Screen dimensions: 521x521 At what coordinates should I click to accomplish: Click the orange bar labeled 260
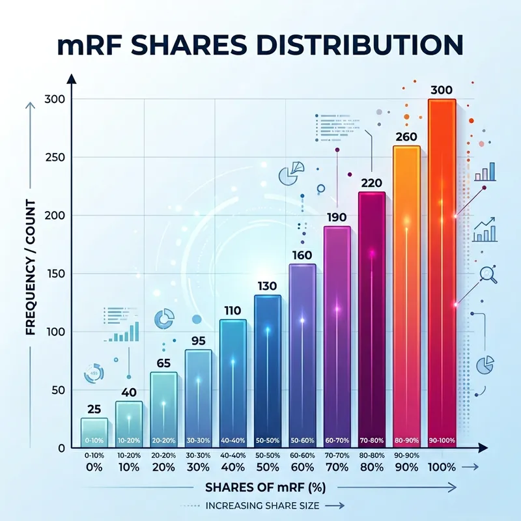pos(406,293)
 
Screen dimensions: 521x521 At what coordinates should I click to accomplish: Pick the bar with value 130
pos(267,371)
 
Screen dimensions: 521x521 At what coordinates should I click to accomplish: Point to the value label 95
pos(198,340)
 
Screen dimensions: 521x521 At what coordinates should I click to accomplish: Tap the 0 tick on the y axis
pos(60,449)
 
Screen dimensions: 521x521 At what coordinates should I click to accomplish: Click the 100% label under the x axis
pos(441,468)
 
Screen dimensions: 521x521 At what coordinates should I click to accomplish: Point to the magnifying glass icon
pos(488,275)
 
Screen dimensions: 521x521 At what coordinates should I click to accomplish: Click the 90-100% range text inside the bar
pos(441,442)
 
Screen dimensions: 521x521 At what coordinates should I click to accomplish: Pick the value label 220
pos(372,183)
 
